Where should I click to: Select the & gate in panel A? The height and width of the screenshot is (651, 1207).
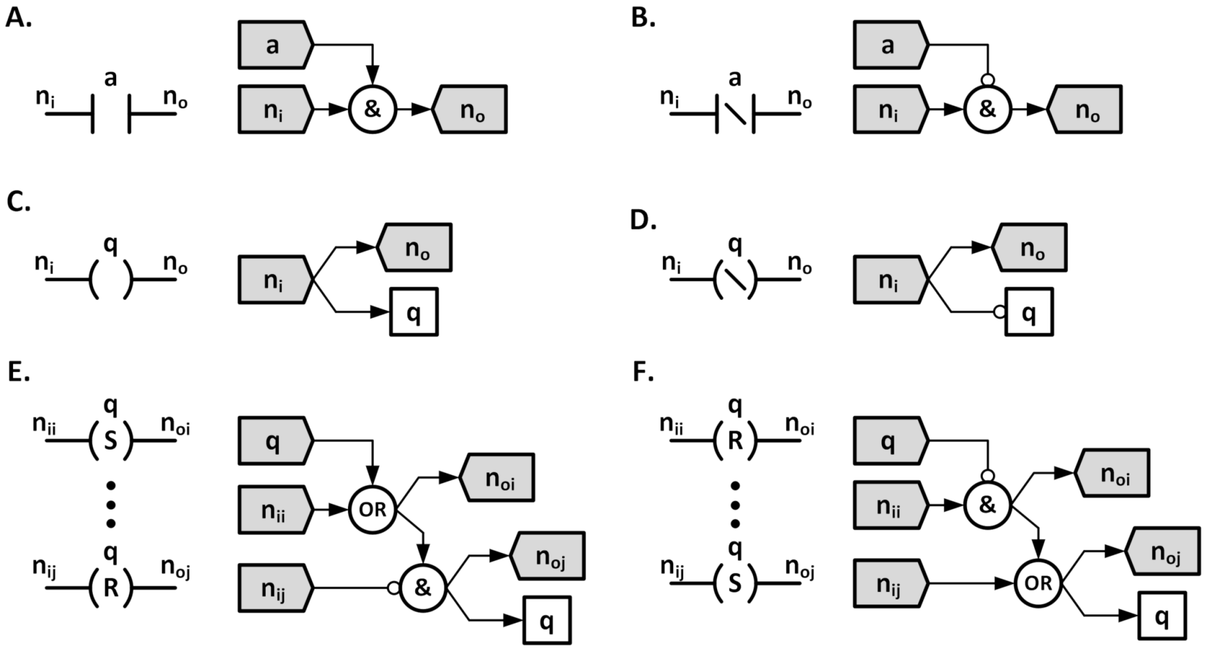point(373,110)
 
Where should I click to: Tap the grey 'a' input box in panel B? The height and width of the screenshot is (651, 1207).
point(890,45)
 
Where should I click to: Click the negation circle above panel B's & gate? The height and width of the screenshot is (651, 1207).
point(987,81)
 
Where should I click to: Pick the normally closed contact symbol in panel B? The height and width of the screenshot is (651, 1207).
point(735,114)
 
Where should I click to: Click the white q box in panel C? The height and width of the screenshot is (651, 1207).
point(414,312)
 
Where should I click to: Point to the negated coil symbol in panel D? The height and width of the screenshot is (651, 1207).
point(735,280)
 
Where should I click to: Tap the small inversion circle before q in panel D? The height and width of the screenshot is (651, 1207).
point(999,312)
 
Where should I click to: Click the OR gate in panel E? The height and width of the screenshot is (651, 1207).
point(373,510)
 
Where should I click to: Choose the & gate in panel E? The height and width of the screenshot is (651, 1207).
point(423,587)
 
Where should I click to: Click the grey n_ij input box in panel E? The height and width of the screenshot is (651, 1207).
point(275,587)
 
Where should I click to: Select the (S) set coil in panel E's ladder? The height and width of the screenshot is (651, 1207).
point(111,441)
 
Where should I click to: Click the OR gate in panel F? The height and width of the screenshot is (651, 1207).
point(1038,583)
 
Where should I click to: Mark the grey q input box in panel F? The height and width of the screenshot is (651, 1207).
point(890,442)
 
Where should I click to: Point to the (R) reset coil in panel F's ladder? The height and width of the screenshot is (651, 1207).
point(735,441)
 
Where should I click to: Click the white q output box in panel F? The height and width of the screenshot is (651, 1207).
point(1161,616)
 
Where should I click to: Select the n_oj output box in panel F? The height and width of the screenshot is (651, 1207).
point(1164,551)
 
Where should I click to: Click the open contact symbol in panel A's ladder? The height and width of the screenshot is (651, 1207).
point(111,114)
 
